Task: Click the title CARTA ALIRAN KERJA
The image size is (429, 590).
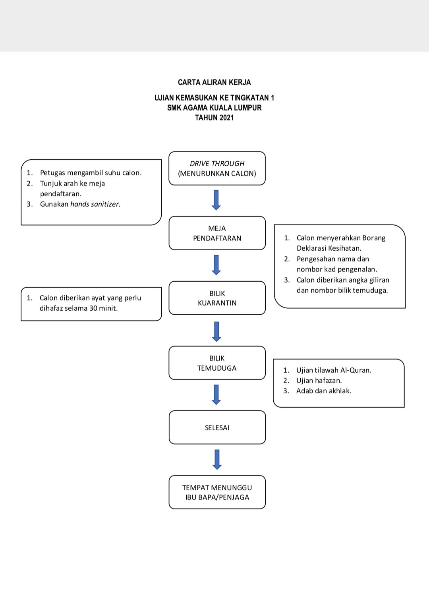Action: coord(214,83)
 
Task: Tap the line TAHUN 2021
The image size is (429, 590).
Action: coord(214,118)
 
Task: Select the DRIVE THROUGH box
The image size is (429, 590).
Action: coord(217,168)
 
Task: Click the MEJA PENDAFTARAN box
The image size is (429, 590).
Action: coord(217,233)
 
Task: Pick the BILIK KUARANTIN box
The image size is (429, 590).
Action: coord(217,298)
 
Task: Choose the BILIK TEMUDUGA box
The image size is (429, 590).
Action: coord(217,363)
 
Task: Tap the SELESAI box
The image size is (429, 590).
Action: coord(217,428)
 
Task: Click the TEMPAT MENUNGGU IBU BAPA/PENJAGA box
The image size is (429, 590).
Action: coord(217,492)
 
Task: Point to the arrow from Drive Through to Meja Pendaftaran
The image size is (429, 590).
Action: coord(216,200)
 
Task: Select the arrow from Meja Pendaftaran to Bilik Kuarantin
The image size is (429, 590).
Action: coord(216,265)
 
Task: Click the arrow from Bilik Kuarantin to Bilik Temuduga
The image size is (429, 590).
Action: coord(216,332)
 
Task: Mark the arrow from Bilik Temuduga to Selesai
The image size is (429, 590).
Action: coord(216,395)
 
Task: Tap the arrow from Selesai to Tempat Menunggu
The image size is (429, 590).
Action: coord(217,460)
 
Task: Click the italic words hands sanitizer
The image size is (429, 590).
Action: coord(95,204)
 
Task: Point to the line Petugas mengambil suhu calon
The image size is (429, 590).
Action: coord(91,173)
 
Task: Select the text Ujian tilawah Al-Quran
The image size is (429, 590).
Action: coord(334,370)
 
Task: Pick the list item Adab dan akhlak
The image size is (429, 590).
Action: coord(324,391)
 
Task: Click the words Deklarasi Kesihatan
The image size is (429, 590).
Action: coord(329,248)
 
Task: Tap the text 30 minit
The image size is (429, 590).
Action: coord(104,308)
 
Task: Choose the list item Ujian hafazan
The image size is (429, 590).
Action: coord(319,381)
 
